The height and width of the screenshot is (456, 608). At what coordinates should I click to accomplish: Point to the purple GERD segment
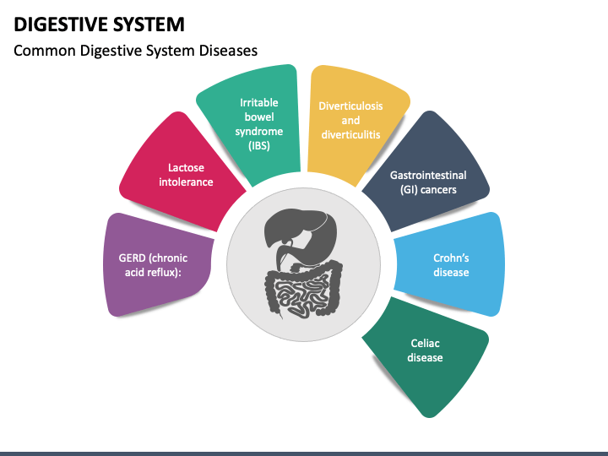(157, 265)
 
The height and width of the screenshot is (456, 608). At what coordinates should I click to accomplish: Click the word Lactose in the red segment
(186, 167)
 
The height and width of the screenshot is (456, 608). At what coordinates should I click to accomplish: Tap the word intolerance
(186, 182)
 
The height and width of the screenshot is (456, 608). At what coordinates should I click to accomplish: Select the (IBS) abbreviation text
(259, 146)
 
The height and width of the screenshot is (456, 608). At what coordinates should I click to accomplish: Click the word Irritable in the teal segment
(259, 102)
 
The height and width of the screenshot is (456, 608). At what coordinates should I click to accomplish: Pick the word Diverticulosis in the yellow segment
(350, 106)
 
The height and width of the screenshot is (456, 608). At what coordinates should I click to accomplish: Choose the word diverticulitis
(350, 134)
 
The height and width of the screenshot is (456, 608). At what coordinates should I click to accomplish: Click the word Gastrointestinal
(428, 176)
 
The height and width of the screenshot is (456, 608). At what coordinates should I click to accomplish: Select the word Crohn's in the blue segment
(451, 258)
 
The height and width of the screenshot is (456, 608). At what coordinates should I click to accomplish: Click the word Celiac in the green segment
(425, 343)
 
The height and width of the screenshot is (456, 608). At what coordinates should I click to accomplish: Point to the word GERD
(133, 258)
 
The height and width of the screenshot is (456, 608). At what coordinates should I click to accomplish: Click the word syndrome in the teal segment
(259, 132)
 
